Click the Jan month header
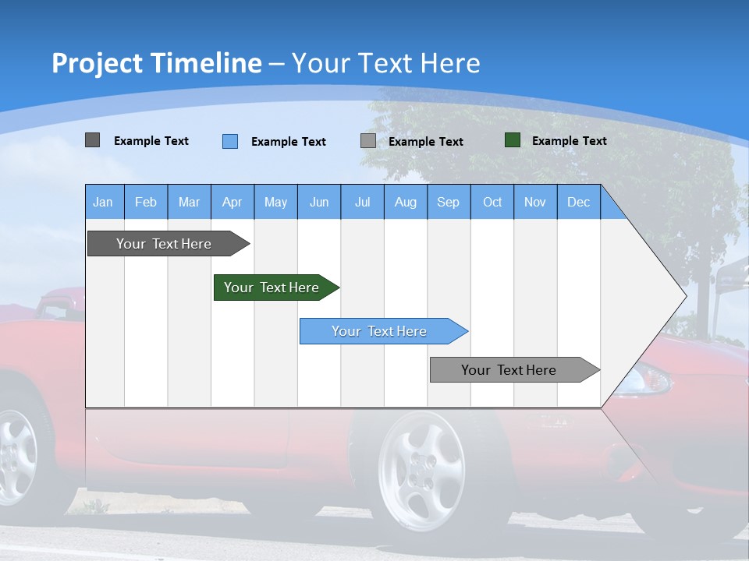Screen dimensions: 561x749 point(103,203)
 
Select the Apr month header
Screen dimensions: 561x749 point(232,203)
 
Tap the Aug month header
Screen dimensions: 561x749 point(405,203)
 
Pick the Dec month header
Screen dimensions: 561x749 point(578,203)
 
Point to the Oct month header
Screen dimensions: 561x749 point(492,203)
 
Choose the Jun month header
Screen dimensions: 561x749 point(318,203)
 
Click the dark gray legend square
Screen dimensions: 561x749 point(92,140)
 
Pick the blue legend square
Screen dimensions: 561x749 point(229,141)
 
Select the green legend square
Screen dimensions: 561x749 point(512,140)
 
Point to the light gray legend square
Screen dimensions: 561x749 point(368,141)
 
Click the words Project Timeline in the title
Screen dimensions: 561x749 point(157,63)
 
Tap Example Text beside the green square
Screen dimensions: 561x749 point(569,141)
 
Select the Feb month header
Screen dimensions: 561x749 point(146,203)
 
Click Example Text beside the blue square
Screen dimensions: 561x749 point(288,142)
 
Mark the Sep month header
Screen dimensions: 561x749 point(448,203)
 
